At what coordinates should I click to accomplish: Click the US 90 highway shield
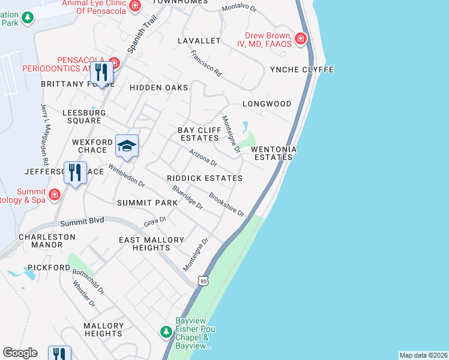click(204, 280)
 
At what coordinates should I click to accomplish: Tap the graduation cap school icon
click(127, 146)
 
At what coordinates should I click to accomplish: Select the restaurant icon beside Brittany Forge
click(101, 73)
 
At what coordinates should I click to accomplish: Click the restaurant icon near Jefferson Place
click(75, 172)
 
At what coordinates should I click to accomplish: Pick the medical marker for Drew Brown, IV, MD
click(301, 40)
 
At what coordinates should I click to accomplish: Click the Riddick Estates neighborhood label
click(205, 178)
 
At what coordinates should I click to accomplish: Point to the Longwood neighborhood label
click(267, 104)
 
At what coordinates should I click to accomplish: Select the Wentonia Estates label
click(274, 153)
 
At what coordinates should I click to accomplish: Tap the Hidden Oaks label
click(158, 88)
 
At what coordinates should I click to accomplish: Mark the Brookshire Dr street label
click(226, 205)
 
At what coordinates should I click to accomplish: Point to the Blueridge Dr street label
click(187, 197)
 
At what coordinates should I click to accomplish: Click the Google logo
click(20, 353)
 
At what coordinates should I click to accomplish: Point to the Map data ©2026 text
click(423, 355)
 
